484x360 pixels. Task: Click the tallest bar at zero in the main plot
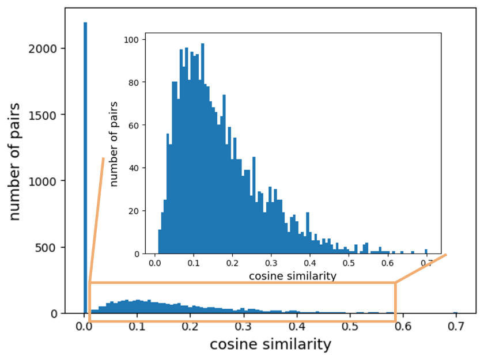(x=85, y=167)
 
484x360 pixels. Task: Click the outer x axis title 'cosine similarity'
(x=270, y=344)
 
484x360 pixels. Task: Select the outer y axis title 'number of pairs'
(x=16, y=161)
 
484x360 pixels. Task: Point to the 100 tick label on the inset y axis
(x=132, y=40)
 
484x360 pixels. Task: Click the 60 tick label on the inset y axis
(x=134, y=126)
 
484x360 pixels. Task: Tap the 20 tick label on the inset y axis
(x=134, y=211)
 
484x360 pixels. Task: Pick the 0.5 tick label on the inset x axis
(x=349, y=264)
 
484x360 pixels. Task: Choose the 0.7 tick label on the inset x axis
(x=426, y=264)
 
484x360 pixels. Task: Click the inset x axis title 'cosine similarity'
(x=292, y=276)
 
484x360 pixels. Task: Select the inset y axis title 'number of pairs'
(x=114, y=143)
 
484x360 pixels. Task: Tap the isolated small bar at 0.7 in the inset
(x=426, y=252)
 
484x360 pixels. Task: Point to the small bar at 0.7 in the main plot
(x=455, y=312)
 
